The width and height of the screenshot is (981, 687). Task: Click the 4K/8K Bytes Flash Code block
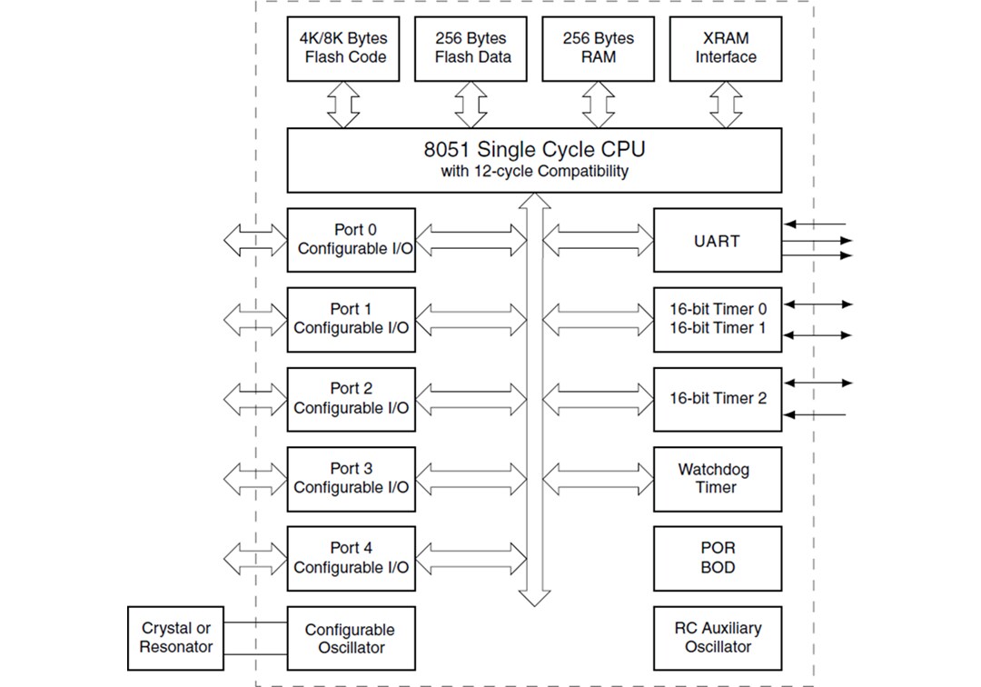(x=342, y=48)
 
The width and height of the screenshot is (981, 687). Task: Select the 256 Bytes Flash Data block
(x=471, y=48)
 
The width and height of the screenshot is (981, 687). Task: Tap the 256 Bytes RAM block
(x=598, y=48)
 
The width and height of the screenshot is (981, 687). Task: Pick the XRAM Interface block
(x=725, y=48)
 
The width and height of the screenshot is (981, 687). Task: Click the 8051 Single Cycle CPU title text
(x=534, y=149)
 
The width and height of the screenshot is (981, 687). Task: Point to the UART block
(x=717, y=241)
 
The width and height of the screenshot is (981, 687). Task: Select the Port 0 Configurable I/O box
(x=351, y=240)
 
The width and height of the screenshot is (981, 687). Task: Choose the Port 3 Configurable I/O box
(x=351, y=478)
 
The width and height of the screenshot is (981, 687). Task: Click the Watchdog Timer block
(x=717, y=478)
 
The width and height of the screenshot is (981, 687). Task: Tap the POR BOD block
(x=717, y=558)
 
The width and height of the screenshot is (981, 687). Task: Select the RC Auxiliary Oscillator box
(x=717, y=637)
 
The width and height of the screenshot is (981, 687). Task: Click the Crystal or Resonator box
(x=175, y=638)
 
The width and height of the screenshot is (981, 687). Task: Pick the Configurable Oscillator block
(x=351, y=638)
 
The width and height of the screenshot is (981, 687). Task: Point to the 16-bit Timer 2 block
(x=717, y=398)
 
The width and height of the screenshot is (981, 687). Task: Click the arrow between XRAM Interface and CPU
(x=725, y=105)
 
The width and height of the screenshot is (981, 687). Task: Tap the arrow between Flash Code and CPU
(x=342, y=105)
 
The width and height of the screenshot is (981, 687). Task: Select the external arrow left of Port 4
(x=255, y=557)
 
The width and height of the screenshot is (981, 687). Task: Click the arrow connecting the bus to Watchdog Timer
(x=599, y=478)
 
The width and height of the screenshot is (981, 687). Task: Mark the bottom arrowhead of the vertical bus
(x=534, y=597)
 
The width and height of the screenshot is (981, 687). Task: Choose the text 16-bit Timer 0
(x=718, y=309)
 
